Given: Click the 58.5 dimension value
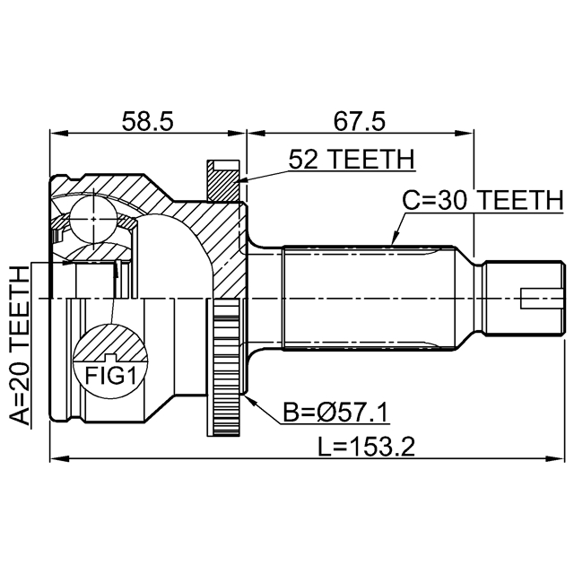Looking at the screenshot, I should click(x=148, y=120).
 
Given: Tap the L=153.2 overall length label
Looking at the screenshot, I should click(x=367, y=446).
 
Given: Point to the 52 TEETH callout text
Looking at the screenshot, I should click(x=352, y=160).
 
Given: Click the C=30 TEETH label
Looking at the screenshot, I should click(x=482, y=201).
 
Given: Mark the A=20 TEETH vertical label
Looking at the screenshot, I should click(x=19, y=345).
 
